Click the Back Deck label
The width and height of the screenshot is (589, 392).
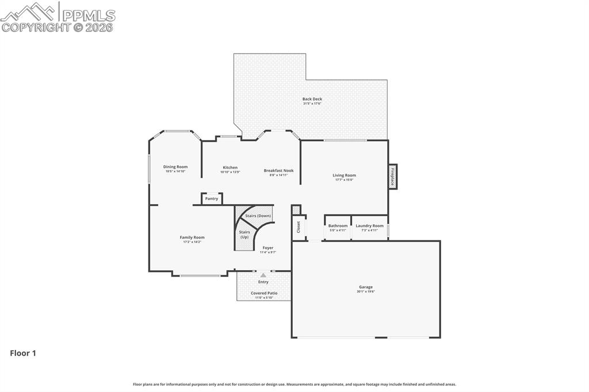click(312, 99)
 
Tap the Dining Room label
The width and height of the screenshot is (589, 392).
click(175, 167)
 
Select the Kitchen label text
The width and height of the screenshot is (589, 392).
click(230, 167)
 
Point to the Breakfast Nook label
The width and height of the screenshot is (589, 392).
click(278, 170)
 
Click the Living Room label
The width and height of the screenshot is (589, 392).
click(344, 175)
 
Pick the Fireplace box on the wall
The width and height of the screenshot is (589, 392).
click(393, 175)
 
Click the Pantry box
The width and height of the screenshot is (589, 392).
click(212, 198)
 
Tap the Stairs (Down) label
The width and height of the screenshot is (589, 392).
click(258, 216)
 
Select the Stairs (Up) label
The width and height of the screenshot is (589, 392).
click(244, 235)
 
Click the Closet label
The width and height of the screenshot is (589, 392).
click(299, 227)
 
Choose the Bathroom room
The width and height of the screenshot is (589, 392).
click(338, 228)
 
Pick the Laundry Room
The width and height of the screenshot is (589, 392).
click(369, 228)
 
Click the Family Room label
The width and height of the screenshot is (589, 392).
click(192, 237)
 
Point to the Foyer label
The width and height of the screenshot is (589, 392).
click(268, 248)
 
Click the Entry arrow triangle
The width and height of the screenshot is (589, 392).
click(263, 275)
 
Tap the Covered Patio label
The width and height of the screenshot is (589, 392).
click(264, 293)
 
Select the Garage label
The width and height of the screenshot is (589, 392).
click(366, 287)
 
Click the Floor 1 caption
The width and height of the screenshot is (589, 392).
click(23, 353)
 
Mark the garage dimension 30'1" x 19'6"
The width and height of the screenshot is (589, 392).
click(366, 291)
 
